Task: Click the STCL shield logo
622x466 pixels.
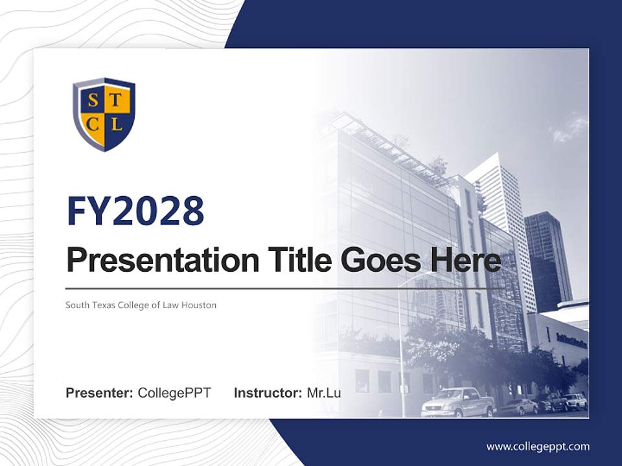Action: pos(104,114)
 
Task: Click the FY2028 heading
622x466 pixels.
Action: pos(135,211)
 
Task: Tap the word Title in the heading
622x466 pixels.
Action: pos(295,261)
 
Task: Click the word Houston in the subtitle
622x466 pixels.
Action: pos(199,305)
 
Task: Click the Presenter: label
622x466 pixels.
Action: pos(99,393)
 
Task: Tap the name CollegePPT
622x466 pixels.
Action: pos(174,393)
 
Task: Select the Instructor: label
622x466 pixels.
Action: pos(268,393)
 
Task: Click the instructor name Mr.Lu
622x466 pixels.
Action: pos(323,393)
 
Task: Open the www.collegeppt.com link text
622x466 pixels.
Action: pos(538,446)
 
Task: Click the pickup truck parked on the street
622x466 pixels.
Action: pos(457,403)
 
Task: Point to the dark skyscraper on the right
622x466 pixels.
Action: pos(547,259)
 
